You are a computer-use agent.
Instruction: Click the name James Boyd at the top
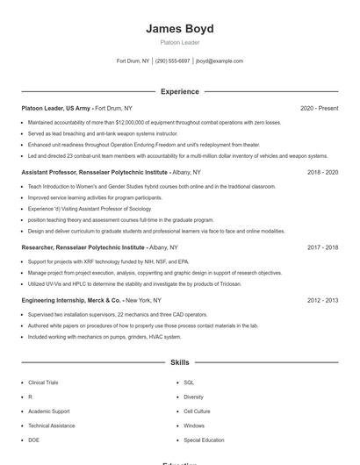[x=179, y=29]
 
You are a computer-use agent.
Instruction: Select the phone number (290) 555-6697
[x=173, y=61]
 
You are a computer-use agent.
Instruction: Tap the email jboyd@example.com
[x=220, y=61]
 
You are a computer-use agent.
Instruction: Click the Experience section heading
[x=179, y=91]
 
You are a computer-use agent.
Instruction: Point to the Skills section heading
[x=179, y=361]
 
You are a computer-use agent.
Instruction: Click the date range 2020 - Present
[x=319, y=108]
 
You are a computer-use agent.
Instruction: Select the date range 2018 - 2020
[x=322, y=173]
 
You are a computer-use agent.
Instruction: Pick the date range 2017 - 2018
[x=322, y=248]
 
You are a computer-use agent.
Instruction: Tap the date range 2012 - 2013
[x=322, y=300]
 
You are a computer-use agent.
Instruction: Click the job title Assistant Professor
[x=53, y=173]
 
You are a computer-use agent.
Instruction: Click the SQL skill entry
[x=189, y=383]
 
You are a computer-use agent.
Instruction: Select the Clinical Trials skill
[x=44, y=383]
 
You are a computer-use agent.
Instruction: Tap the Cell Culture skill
[x=197, y=411]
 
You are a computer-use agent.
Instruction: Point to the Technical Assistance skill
[x=51, y=426]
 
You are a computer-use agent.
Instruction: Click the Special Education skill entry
[x=204, y=440]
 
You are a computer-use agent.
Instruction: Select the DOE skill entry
[x=33, y=440]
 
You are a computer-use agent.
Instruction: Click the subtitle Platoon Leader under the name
[x=179, y=42]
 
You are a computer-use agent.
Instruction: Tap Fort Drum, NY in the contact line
[x=133, y=61]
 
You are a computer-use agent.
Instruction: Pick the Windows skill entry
[x=194, y=426]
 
